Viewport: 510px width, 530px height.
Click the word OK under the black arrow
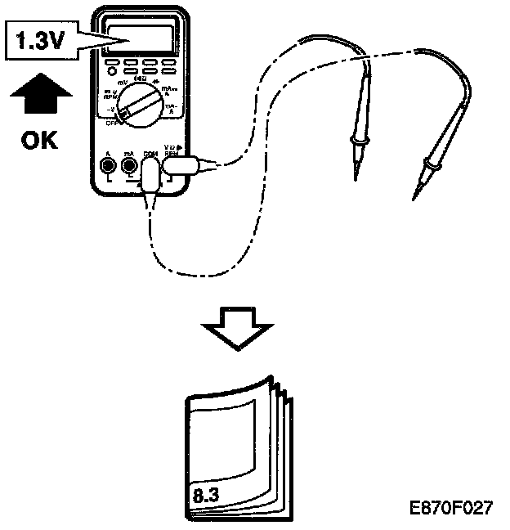click(39, 140)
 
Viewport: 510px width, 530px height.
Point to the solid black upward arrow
click(38, 95)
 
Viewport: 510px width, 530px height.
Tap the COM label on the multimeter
click(150, 153)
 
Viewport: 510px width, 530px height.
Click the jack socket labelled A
click(108, 168)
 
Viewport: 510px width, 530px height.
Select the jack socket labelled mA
click(129, 168)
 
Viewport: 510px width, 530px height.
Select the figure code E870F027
click(452, 507)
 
